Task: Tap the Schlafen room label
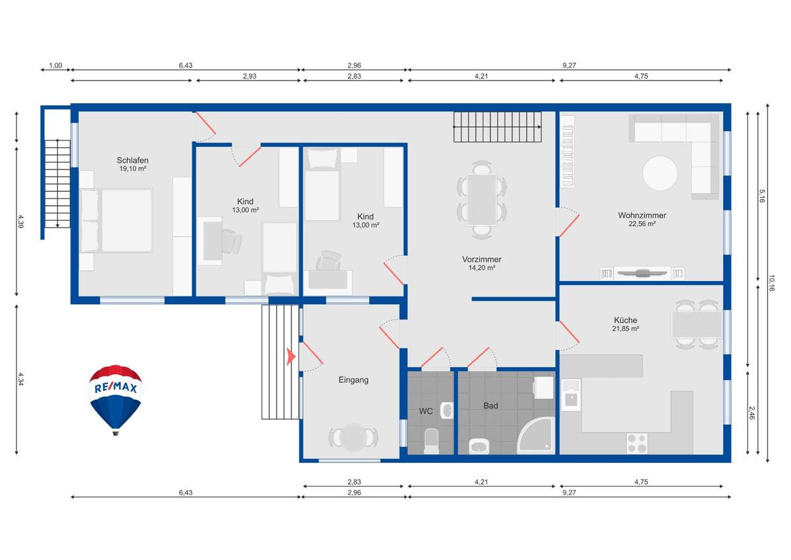132,160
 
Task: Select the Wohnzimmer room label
642,215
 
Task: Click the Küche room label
626,320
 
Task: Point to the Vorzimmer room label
482,259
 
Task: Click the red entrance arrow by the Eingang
291,357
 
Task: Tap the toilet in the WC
431,441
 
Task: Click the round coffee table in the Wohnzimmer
660,173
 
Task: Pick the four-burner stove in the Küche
637,443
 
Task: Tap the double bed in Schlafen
117,221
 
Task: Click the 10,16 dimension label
771,283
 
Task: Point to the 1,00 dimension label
55,65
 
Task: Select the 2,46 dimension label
752,413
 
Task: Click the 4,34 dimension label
20,379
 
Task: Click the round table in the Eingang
353,437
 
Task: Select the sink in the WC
448,410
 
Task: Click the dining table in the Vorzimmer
482,199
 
